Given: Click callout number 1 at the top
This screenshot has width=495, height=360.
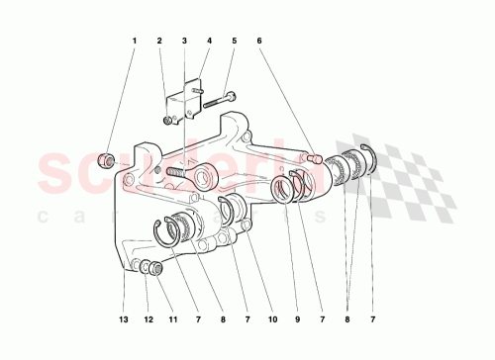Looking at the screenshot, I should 134,42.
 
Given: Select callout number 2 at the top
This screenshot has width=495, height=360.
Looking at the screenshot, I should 158,42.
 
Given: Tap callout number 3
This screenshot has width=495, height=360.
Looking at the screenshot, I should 184,42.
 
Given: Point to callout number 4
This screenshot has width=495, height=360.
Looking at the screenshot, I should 209,42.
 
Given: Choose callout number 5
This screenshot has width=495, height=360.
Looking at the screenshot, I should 234,42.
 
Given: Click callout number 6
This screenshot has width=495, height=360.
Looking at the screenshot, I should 259,42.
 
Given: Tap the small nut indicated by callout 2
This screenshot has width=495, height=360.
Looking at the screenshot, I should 168,121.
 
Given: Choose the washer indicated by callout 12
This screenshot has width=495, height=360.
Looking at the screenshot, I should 145,265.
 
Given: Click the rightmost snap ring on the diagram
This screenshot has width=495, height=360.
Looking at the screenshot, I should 373,158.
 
